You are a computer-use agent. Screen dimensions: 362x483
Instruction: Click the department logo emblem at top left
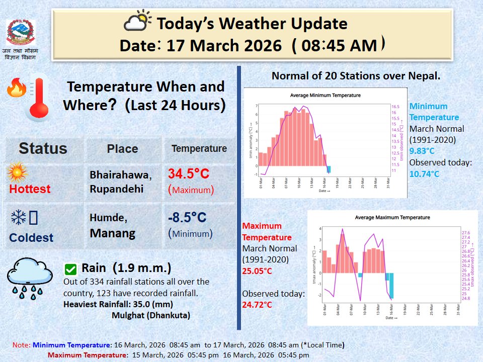pyautogui.click(x=21, y=33)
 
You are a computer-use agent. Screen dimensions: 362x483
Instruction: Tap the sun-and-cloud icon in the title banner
pyautogui.click(x=137, y=22)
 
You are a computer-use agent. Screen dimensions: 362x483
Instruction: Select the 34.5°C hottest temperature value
pyautogui.click(x=188, y=174)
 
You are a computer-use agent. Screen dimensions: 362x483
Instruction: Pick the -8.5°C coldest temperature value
pyautogui.click(x=187, y=218)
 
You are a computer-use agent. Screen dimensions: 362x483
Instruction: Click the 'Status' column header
pyautogui.click(x=43, y=148)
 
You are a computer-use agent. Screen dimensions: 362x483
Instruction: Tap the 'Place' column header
pyautogui.click(x=122, y=149)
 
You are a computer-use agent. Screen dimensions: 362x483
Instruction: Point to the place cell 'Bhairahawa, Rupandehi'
pyautogui.click(x=120, y=182)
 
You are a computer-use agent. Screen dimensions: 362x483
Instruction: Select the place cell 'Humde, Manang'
pyautogui.click(x=113, y=225)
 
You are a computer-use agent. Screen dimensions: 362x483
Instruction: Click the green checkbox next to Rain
pyautogui.click(x=71, y=269)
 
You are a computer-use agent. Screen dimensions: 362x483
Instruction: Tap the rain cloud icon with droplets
pyautogui.click(x=30, y=278)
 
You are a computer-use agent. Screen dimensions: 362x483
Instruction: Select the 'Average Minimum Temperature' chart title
pyautogui.click(x=325, y=96)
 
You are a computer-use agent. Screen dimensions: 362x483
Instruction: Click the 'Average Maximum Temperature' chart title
pyautogui.click(x=392, y=218)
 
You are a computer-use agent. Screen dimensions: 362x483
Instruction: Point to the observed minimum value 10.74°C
pyautogui.click(x=424, y=174)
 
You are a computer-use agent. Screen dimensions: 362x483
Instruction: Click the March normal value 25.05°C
pyautogui.click(x=257, y=271)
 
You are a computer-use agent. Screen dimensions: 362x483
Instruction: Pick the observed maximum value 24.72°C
pyautogui.click(x=257, y=305)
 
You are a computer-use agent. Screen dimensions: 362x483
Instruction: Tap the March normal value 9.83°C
pyautogui.click(x=422, y=151)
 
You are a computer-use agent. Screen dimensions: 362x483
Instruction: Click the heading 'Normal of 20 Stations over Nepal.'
pyautogui.click(x=356, y=76)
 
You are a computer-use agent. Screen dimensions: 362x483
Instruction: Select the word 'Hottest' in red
pyautogui.click(x=30, y=189)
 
